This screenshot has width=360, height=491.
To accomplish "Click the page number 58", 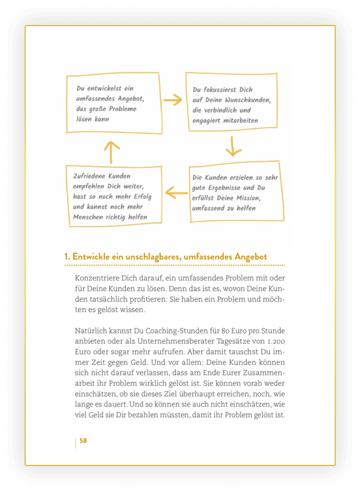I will coord(83,441).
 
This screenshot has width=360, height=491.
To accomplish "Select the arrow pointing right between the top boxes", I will coord(173,100).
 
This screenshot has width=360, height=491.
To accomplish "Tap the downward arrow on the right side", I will coord(233,146).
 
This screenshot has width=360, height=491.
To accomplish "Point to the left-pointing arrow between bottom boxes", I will coord(176,193).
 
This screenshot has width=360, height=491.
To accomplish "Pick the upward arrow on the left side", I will coord(112,152).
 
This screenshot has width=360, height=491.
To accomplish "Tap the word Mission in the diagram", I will coord(246,198).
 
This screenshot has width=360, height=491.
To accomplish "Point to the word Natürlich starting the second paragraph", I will coord(92,330).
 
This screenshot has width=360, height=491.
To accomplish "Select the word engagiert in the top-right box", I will coord(206,120).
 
